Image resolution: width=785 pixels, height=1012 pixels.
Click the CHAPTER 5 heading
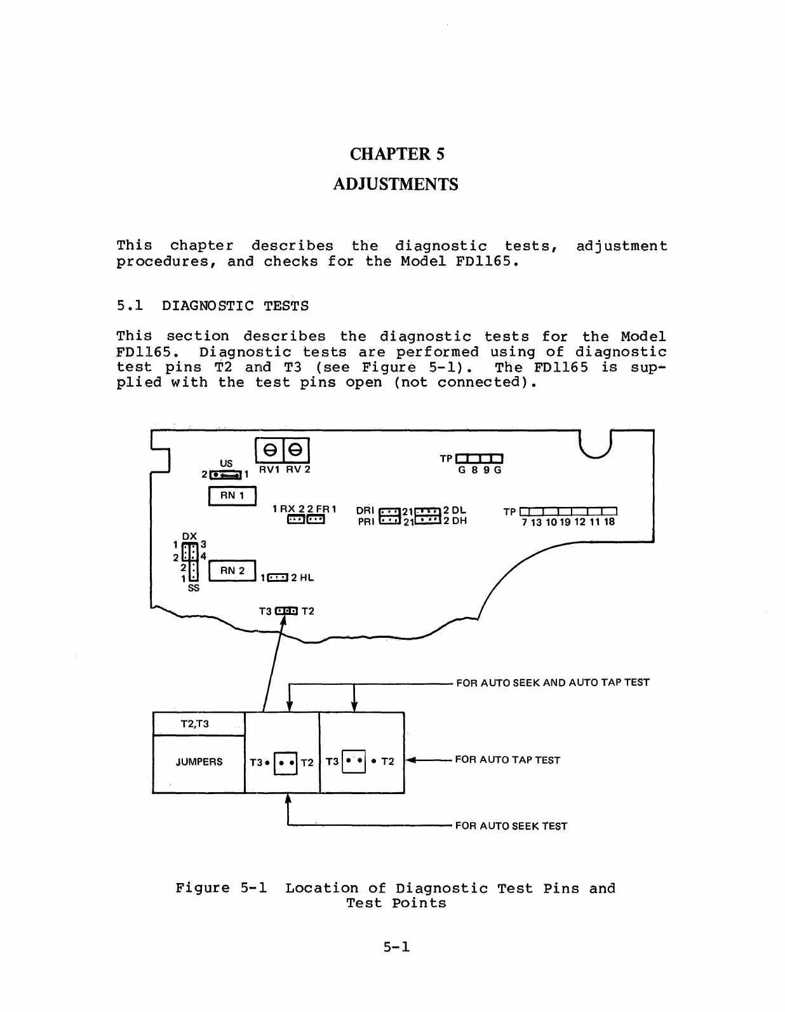(x=396, y=154)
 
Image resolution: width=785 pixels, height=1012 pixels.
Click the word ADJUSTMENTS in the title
(x=396, y=185)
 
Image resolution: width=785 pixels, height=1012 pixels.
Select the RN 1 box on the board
(x=232, y=496)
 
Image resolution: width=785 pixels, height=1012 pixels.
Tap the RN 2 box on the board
(x=232, y=570)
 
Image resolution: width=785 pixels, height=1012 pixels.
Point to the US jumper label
(x=226, y=463)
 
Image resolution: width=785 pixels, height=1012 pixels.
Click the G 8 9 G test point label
(x=480, y=471)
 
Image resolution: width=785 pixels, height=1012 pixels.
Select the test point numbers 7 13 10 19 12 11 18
(x=568, y=522)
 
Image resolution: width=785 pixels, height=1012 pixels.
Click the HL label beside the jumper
(x=307, y=578)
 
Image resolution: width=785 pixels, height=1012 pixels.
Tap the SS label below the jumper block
(x=193, y=589)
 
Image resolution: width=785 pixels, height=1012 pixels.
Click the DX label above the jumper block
(x=189, y=536)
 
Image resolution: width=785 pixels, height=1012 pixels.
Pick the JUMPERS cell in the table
(x=199, y=762)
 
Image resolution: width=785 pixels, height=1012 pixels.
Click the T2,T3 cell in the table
(x=195, y=724)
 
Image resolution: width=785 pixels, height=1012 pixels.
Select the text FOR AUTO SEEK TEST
(x=511, y=826)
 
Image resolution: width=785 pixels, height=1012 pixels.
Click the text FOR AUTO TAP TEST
(x=507, y=760)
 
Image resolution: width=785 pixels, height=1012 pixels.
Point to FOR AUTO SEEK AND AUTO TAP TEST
(x=553, y=683)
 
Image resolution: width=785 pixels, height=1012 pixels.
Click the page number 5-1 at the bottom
(x=396, y=947)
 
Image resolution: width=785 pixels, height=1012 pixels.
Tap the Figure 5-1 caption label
(x=221, y=888)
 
